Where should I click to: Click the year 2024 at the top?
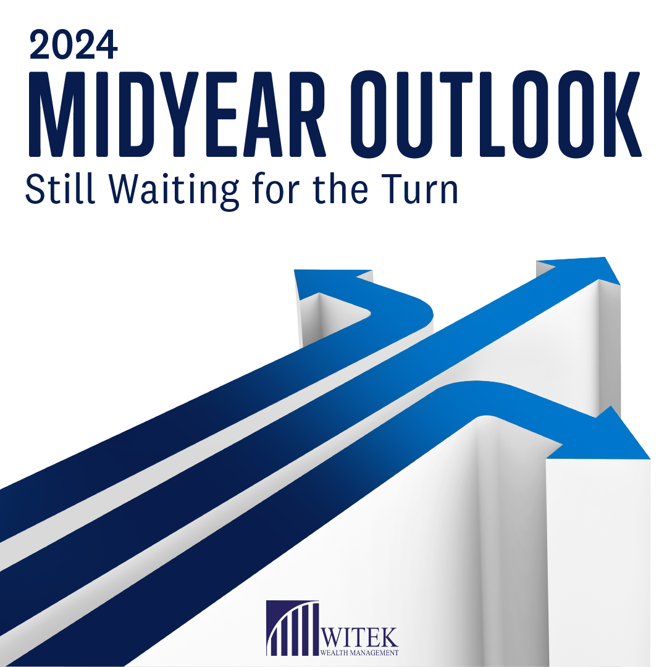click(73, 45)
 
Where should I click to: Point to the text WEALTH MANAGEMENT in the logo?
click(360, 652)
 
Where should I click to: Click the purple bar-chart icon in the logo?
click(292, 628)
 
